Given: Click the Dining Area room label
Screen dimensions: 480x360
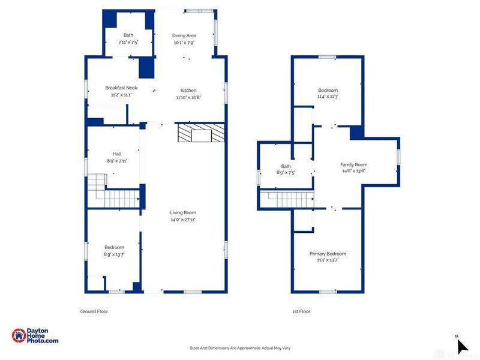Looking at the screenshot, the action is coord(184,35).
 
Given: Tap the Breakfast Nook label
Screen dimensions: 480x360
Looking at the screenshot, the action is coord(121,88).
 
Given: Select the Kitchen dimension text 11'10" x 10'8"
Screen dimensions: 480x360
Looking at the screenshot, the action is coord(188,97).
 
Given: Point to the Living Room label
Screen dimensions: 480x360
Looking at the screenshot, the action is coord(183,212).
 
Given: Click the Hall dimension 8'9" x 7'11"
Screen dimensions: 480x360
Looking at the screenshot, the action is coord(117,161).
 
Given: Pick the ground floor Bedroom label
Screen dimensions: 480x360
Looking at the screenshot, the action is coord(114,247).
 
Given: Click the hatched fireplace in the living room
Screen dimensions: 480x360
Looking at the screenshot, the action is coord(201,133).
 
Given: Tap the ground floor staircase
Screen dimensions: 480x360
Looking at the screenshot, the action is coord(113,191).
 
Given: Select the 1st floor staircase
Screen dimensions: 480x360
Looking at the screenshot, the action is coord(287,199).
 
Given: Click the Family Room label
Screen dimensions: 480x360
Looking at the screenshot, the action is coord(353,164).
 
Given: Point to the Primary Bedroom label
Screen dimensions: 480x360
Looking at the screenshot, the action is coord(328,253).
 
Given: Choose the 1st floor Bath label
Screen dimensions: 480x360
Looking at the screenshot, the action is coord(286,166).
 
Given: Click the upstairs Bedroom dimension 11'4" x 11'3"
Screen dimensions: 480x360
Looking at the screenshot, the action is coord(328,97).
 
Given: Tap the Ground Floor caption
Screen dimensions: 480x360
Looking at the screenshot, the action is coord(94,311).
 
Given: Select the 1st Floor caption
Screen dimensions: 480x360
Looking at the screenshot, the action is coord(301,311).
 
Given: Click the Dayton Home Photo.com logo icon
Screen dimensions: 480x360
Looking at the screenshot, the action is coord(19,335).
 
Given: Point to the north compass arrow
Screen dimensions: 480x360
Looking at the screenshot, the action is coord(462,346).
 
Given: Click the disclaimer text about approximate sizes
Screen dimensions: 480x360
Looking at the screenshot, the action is coord(240,348).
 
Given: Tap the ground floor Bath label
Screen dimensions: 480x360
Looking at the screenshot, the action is coord(128,35).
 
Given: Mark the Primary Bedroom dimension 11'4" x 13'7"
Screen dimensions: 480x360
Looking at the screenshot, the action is coord(328,260).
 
